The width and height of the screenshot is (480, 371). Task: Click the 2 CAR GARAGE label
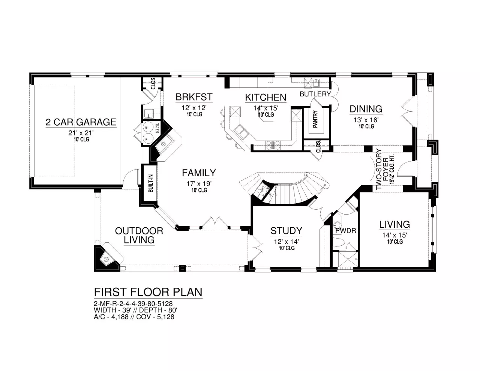81,122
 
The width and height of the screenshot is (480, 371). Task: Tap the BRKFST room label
194,97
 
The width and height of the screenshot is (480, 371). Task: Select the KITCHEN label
265,98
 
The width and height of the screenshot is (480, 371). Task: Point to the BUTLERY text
315,94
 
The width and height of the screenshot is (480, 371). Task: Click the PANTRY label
315,119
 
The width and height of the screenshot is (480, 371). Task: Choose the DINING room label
366,109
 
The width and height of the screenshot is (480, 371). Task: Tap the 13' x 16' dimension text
366,120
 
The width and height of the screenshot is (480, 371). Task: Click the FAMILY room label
199,173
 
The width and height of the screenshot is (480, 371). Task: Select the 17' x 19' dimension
199,183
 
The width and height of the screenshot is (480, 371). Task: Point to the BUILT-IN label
151,183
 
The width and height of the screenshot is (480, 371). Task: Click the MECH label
157,128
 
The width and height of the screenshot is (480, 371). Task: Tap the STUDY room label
286,231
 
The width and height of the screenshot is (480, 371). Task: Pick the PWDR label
346,231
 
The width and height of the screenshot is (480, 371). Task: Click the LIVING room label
394,224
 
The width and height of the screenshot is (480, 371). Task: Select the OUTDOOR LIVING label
139,235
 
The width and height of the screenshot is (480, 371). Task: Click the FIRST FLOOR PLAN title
148,292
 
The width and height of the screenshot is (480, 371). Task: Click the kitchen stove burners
273,146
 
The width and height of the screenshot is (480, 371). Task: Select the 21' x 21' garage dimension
81,133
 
